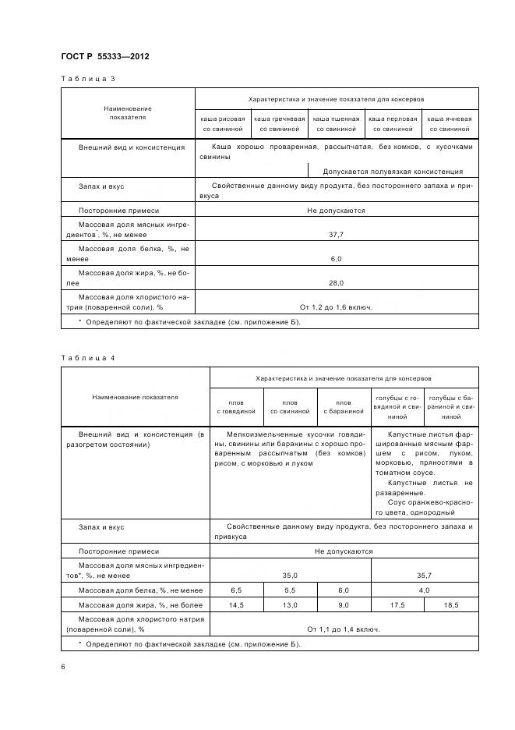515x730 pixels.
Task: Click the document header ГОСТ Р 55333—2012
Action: (105, 57)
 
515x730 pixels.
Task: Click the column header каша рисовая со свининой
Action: (223, 123)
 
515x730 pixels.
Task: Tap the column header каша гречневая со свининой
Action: (280, 123)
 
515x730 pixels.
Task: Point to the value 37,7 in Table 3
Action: (336, 234)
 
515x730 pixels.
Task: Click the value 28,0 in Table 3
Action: (336, 282)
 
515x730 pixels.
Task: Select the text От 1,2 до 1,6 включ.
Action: (336, 307)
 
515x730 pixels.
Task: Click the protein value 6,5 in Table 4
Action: (236, 590)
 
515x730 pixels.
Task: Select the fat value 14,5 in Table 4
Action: (236, 604)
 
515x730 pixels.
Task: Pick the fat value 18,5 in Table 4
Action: (451, 604)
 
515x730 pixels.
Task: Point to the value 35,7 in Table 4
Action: (425, 575)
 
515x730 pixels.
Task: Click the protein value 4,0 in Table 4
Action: (425, 590)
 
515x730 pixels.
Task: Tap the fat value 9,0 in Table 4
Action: (343, 604)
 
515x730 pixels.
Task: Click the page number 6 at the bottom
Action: (63, 667)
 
